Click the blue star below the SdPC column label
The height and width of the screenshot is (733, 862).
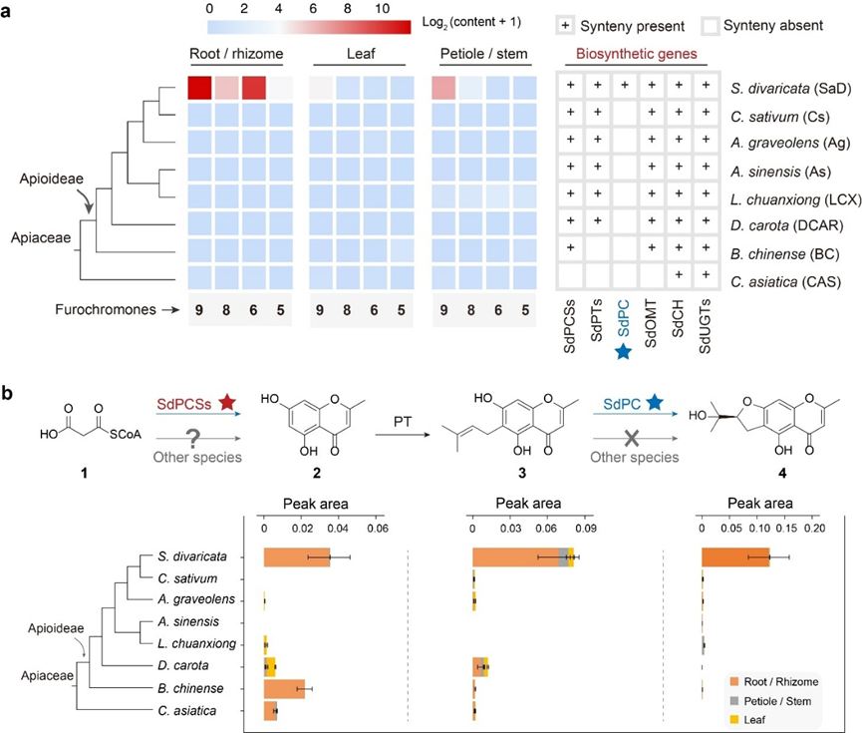623,351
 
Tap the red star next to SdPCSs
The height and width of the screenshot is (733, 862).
227,402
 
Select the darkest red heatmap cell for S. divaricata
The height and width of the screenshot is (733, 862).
199,88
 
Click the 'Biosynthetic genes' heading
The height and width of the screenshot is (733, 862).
636,54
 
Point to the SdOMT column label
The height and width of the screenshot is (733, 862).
651,323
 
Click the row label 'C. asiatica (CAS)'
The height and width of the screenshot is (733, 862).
785,282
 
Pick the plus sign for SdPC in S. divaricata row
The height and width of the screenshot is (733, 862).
625,86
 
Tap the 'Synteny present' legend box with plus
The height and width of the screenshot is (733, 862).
565,25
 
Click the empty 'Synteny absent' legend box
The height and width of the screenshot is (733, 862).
711,25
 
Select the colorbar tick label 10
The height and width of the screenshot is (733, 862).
382,8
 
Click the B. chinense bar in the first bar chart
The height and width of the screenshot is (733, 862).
284,689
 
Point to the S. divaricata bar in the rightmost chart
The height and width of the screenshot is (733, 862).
735,557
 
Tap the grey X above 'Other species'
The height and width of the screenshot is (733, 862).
632,438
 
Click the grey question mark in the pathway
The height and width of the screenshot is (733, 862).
192,439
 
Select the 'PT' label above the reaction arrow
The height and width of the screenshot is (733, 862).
403,422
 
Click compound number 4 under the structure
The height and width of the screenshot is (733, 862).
781,473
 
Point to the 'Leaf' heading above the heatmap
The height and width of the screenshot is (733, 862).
361,54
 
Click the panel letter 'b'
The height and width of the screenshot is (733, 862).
8,394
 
